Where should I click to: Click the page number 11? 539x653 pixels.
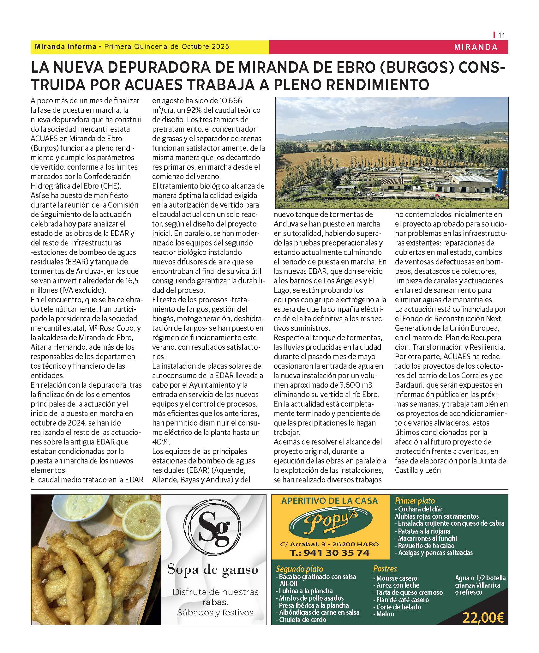tap(501, 35)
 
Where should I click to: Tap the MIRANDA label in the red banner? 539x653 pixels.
tap(476, 47)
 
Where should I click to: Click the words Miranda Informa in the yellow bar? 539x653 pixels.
tap(66, 47)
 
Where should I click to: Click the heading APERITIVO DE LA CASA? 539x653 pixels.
tap(329, 501)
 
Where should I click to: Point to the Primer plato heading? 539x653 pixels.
tap(415, 501)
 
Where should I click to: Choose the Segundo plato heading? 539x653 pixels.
tap(299, 569)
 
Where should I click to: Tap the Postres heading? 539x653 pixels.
tap(385, 569)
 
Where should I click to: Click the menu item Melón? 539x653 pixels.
tap(385, 614)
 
